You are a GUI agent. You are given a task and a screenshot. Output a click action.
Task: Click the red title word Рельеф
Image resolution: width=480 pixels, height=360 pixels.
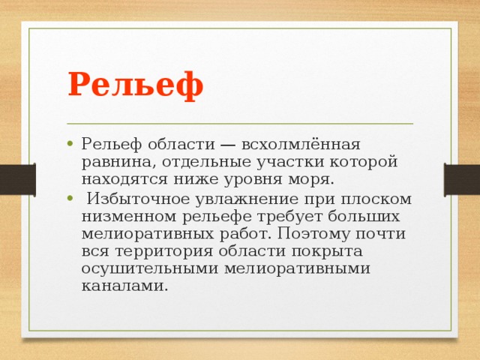tap(135, 83)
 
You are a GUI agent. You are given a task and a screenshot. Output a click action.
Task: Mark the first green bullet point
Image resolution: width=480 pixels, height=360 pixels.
tap(68, 145)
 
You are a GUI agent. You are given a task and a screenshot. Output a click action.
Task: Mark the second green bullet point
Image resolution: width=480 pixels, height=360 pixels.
tap(68, 199)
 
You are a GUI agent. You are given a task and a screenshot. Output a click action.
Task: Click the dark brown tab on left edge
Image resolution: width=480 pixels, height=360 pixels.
tap(16, 180)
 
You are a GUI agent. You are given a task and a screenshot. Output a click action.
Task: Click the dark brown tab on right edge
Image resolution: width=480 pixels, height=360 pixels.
tap(462, 180)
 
